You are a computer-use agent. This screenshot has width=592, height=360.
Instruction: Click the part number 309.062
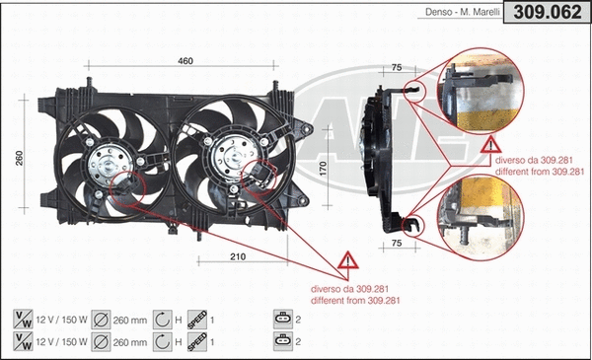click(x=547, y=12)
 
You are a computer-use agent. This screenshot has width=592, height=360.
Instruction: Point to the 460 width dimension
click(x=185, y=61)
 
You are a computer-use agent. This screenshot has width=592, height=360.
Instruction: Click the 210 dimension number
click(x=238, y=258)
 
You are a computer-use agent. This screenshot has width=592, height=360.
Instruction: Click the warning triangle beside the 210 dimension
click(x=347, y=262)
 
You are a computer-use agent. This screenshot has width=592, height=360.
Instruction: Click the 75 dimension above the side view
click(x=396, y=68)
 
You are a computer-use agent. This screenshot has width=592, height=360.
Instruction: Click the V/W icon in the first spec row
click(x=22, y=318)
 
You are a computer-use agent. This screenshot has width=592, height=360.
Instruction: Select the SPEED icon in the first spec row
click(x=195, y=318)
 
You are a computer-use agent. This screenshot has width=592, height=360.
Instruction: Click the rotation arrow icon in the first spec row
click(x=163, y=318)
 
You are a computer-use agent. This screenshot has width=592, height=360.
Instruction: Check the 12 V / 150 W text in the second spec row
click(x=61, y=341)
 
